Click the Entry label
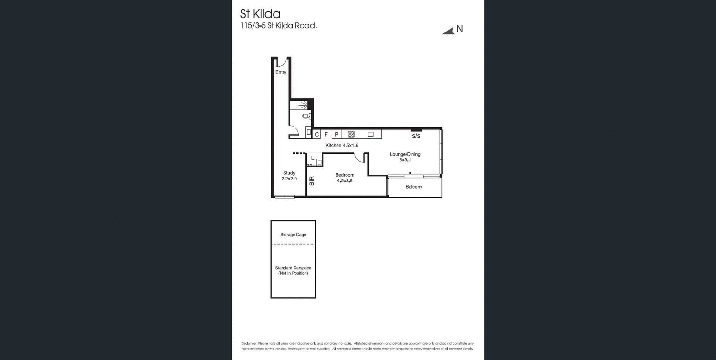pos(281,72)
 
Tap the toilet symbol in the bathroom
pos(305,116)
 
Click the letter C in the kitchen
pos(316,135)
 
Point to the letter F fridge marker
pos(326,135)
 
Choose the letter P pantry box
pos(337,135)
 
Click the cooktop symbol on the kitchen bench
pos(351,135)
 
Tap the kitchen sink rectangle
pos(370,135)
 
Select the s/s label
pos(416,136)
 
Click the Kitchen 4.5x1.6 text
pos(342,145)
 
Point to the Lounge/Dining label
pos(405,154)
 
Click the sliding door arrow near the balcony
pos(411,173)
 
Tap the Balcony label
pos(414,187)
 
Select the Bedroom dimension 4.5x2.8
pos(345,181)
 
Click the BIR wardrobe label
pos(312,181)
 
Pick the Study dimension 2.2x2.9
pos(289,179)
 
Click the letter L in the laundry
pos(313,158)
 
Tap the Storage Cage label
pos(293,235)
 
